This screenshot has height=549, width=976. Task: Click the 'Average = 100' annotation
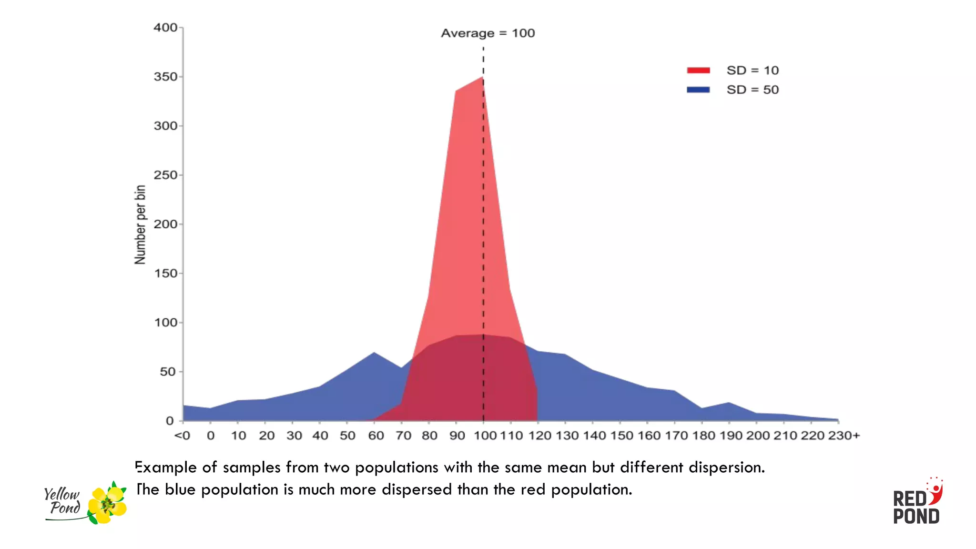point(488,33)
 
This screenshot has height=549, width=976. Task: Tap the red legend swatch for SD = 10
point(698,71)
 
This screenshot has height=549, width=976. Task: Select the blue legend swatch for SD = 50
point(698,90)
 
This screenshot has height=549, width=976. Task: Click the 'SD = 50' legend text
point(752,90)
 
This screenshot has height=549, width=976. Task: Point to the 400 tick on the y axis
point(166,28)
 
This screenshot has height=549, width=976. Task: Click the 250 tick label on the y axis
point(166,175)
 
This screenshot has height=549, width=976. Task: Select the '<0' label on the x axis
point(183,436)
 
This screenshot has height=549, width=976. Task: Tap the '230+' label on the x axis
point(844,436)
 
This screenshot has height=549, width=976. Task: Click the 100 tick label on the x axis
point(485,436)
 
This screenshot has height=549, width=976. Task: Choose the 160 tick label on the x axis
point(649,436)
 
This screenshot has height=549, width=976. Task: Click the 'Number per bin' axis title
point(140,224)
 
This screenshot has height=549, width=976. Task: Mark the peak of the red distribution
point(483,78)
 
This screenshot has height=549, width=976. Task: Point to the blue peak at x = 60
point(374,353)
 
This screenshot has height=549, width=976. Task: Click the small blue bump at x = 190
point(729,404)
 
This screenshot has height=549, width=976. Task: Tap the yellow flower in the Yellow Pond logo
point(108,504)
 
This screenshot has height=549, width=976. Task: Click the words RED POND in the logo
point(915,508)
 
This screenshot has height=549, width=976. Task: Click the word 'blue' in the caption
point(180,489)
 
